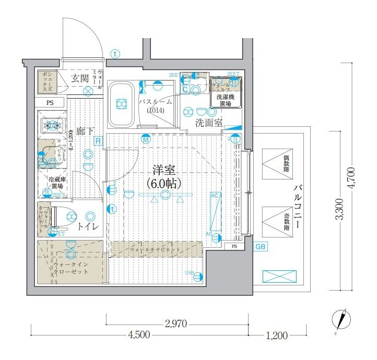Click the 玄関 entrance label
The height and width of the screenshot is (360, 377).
tap(80, 79)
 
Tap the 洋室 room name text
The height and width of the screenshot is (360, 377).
tap(163, 170)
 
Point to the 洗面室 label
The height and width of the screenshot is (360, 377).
tap(209, 123)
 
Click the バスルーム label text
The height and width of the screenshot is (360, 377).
tap(156, 102)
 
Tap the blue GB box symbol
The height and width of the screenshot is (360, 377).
tap(260, 247)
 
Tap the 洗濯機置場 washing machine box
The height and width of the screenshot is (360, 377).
tap(226, 99)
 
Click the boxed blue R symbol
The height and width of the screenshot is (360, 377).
tap(98, 140)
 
